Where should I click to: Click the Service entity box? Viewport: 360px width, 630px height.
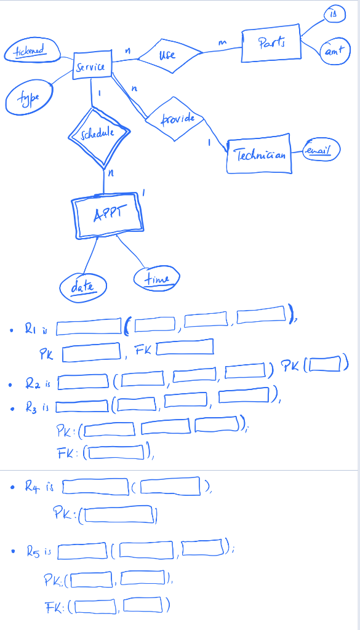92,66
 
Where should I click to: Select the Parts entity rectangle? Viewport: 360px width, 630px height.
271,44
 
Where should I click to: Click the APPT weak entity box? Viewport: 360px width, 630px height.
108,216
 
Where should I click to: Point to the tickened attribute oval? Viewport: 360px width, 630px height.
30,51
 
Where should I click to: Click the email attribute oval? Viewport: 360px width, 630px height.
321,151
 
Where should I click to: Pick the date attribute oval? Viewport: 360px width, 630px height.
83,285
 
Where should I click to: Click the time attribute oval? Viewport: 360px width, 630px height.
158,278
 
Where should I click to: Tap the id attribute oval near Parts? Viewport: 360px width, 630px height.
335,14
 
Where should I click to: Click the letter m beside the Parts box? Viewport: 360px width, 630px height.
223,41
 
